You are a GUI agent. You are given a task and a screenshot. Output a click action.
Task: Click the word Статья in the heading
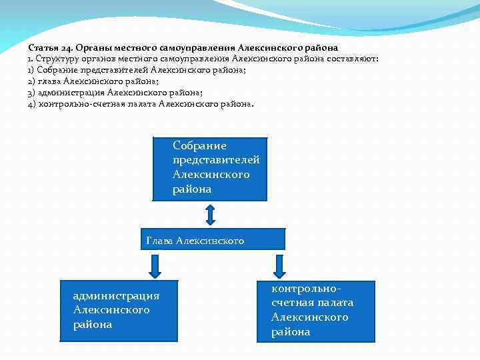tap(43, 48)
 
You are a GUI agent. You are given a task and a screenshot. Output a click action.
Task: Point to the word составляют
tap(353, 59)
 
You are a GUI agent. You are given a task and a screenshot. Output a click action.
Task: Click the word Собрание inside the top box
tap(200, 145)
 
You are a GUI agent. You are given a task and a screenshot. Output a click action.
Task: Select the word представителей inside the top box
tap(216, 160)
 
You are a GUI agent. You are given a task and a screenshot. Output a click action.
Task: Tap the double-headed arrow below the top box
tap(210, 215)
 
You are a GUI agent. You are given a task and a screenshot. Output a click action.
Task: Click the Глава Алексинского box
tap(213, 239)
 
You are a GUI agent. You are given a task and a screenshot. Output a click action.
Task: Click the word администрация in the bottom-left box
tap(116, 296)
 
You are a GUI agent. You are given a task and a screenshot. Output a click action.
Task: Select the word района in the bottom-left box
tap(93, 325)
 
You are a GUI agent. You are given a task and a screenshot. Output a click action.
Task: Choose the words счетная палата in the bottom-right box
tap(312, 303)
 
